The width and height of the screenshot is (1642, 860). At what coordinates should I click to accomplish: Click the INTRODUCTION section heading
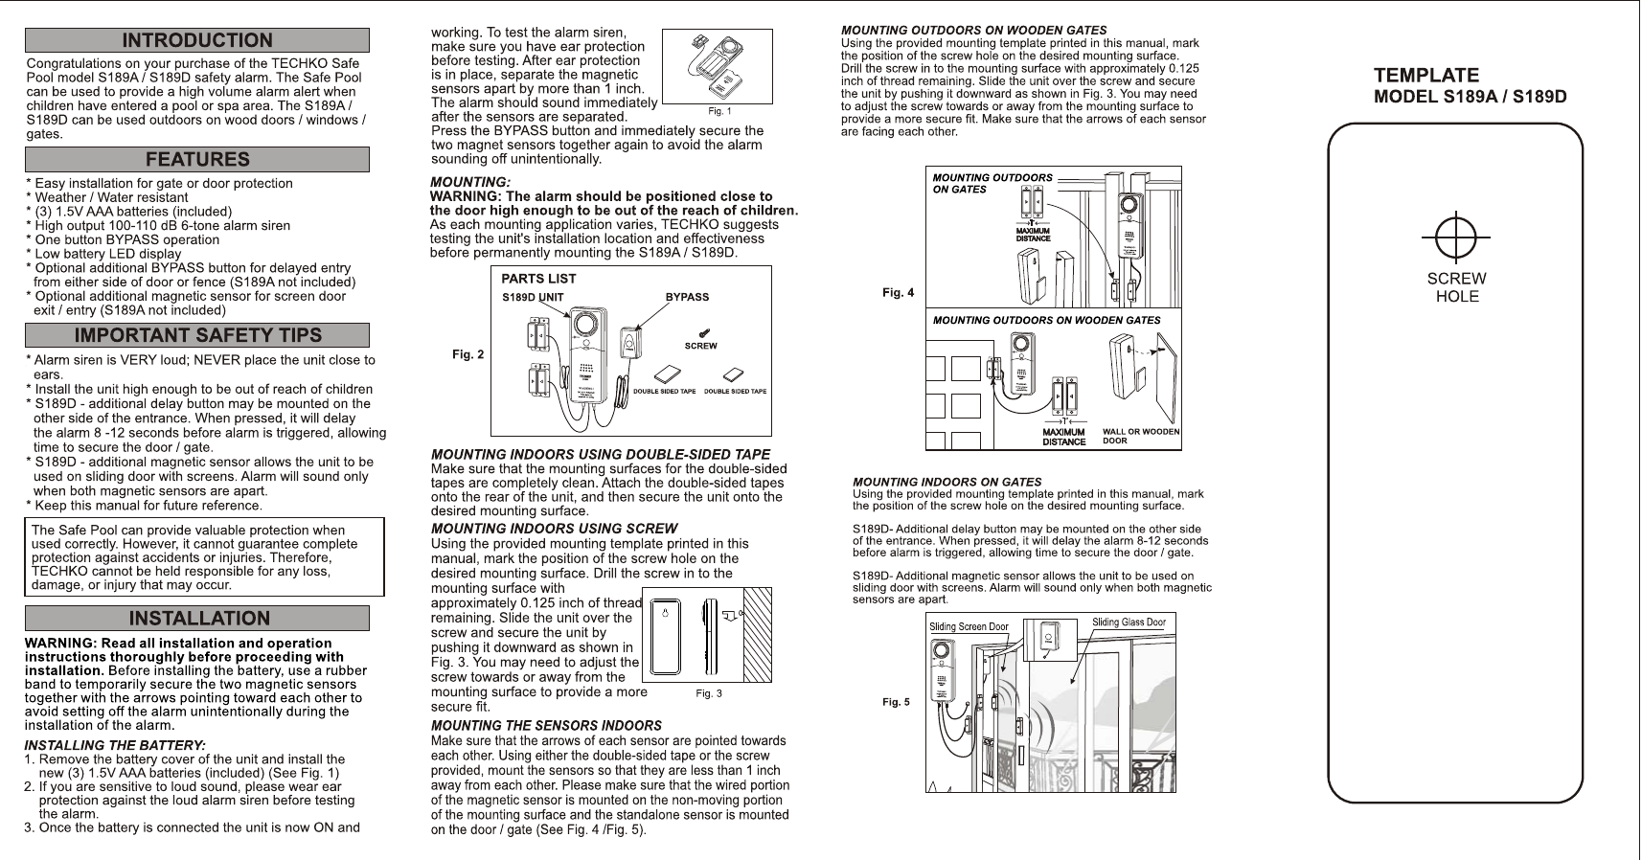pos(196,40)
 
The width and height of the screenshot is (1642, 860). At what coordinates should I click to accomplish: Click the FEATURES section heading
pos(196,159)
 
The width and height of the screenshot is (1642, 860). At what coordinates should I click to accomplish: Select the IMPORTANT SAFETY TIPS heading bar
pos(196,335)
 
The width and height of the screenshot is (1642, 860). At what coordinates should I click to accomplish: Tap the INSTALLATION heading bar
pos(196,619)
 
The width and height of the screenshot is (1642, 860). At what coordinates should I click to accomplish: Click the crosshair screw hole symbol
pos(1455,236)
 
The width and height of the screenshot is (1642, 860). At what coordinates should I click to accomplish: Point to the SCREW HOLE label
pos(1456,287)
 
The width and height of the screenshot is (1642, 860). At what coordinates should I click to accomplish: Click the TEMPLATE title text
pos(1426,75)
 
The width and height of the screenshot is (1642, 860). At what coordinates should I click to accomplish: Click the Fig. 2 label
pos(468,355)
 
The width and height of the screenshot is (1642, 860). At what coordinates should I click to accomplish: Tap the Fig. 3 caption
pos(708,694)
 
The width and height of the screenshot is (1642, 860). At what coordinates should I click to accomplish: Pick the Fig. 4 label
pos(898,293)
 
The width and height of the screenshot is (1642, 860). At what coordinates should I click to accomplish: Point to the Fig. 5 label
pos(896,703)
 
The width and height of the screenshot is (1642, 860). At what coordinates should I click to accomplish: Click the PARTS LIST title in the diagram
pos(538,279)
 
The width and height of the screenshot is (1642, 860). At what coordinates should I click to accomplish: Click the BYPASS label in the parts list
pos(687,297)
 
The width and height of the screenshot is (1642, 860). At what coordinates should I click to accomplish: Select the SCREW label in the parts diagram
pos(700,346)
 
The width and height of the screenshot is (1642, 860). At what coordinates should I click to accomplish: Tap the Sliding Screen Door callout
pos(969,627)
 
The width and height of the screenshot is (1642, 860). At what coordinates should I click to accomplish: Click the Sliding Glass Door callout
pos(1129,622)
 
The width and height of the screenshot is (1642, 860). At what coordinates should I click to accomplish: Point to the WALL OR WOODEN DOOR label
pos(1140,437)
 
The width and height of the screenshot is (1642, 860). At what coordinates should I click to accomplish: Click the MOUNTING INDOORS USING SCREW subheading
pos(554,529)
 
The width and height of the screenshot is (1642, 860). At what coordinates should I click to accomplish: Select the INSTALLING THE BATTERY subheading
pos(114,744)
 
